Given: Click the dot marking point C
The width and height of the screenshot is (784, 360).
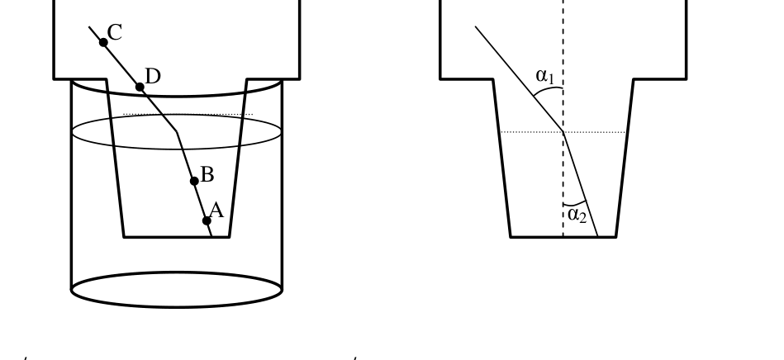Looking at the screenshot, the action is [x=103, y=42].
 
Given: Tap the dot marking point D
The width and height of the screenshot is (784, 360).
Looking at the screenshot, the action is [x=140, y=88].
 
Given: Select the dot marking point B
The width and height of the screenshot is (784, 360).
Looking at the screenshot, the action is [x=194, y=181].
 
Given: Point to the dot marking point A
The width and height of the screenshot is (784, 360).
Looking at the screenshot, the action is [x=207, y=220].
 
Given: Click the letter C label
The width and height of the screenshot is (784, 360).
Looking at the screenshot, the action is [x=115, y=33].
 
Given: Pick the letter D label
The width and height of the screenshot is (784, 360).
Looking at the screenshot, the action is [x=153, y=77].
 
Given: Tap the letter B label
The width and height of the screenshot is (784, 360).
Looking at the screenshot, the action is [x=207, y=175].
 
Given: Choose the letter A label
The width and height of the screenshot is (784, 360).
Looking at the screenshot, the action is [x=216, y=211].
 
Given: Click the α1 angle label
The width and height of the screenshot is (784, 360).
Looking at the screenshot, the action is [x=545, y=76].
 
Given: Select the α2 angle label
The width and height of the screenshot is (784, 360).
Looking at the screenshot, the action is [x=577, y=215].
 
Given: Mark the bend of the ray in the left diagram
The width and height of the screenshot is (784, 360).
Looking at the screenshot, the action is [x=177, y=132].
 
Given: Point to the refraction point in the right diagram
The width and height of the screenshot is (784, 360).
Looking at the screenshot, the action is [x=563, y=132].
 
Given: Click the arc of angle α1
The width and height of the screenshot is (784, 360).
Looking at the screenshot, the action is [x=547, y=89].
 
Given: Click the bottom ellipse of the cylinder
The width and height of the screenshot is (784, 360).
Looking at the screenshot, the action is [x=177, y=306].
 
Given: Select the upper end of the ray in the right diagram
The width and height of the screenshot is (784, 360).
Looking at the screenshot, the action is [x=475, y=26].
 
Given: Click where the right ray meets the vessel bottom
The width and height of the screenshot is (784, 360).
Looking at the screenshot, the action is [x=598, y=236].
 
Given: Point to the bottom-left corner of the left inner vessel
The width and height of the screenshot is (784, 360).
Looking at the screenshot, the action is [x=124, y=236].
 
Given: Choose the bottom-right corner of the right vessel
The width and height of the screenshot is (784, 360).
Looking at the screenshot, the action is [x=616, y=237].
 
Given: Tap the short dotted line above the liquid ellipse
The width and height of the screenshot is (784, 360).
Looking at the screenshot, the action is [x=188, y=115].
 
